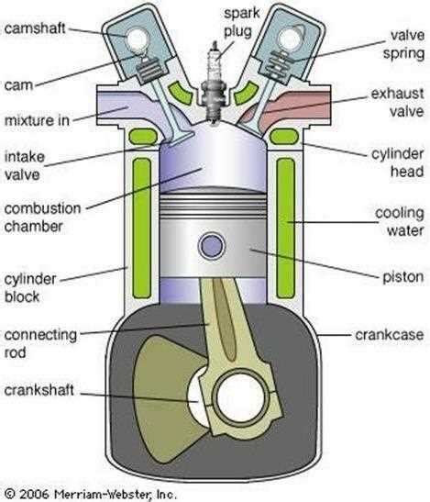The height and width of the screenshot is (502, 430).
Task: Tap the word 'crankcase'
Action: click(389, 335)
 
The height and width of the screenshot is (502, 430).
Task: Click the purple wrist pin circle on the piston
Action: click(214, 245)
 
